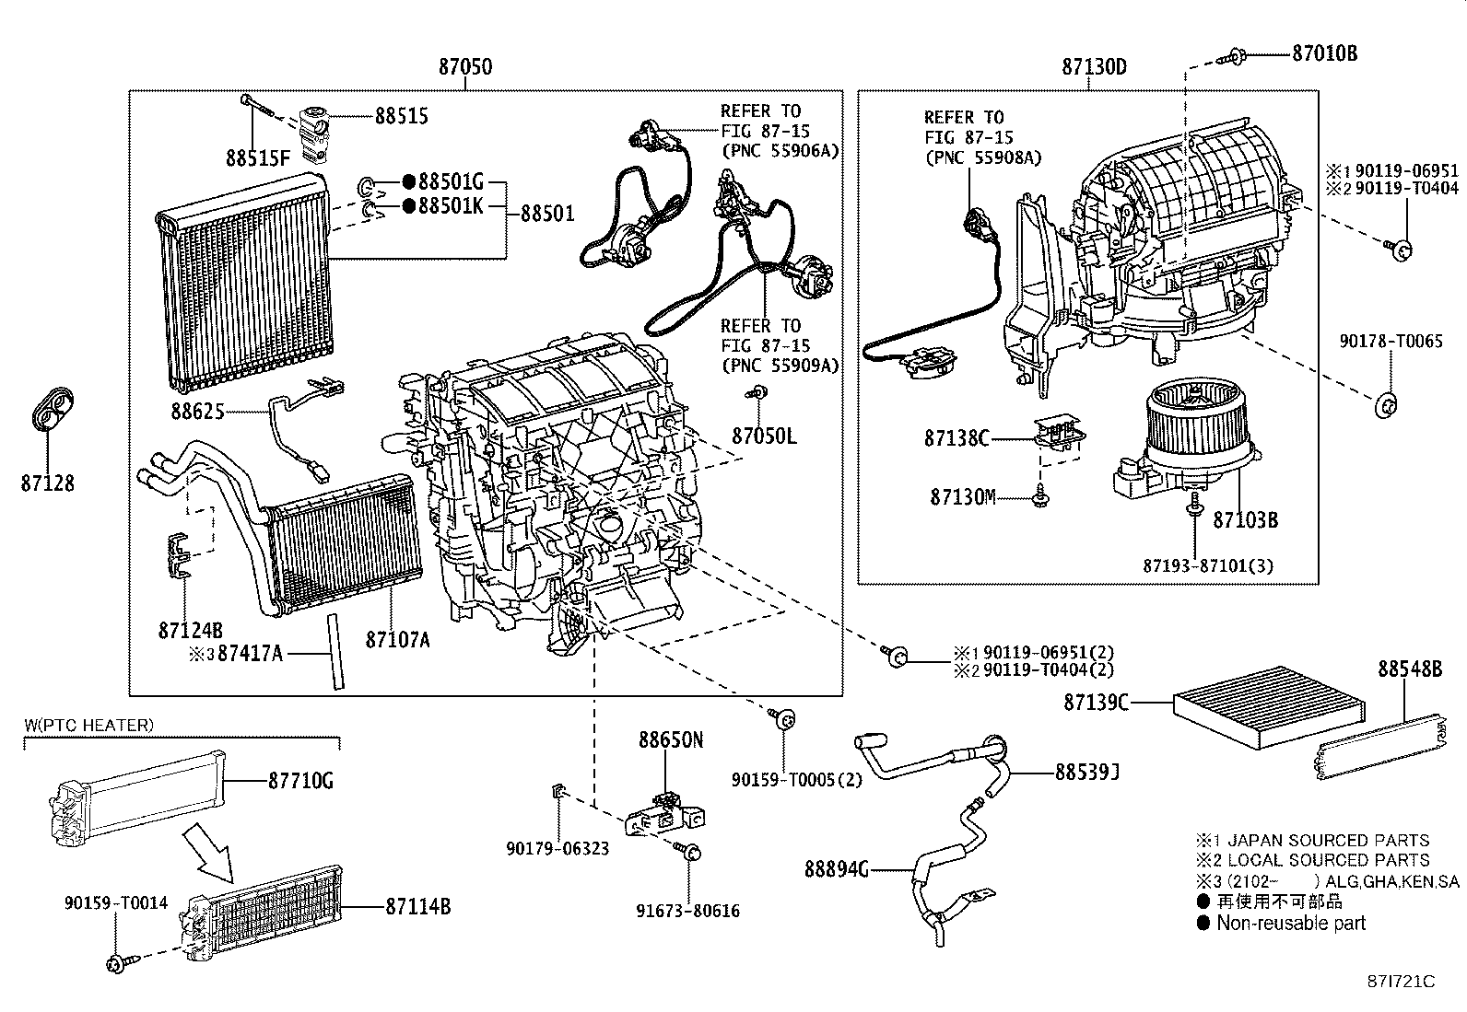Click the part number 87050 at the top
coord(464,67)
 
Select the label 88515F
coord(257,158)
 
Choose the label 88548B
coord(1410,669)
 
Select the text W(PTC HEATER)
coord(88,726)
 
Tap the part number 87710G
coord(300,782)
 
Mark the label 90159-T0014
coord(116,903)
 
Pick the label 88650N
coord(671,739)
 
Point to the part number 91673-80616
coord(688,912)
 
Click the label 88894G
coord(836,869)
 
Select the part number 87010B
coord(1324,53)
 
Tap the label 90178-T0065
coord(1390,342)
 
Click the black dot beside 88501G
coord(408,182)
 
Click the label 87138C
coord(956,439)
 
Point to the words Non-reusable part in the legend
coord(1291,924)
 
